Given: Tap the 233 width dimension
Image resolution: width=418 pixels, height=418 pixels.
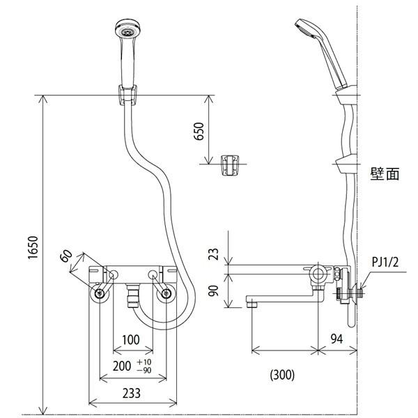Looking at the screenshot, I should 131,393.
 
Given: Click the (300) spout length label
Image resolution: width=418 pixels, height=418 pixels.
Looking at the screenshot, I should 281,375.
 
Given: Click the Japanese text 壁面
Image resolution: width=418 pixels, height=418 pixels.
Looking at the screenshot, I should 385,174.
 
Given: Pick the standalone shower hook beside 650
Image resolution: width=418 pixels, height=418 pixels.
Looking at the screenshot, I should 229,165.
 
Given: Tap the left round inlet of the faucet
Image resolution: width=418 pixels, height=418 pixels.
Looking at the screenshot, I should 101,294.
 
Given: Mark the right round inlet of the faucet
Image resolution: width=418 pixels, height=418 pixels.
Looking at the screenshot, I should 166,294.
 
